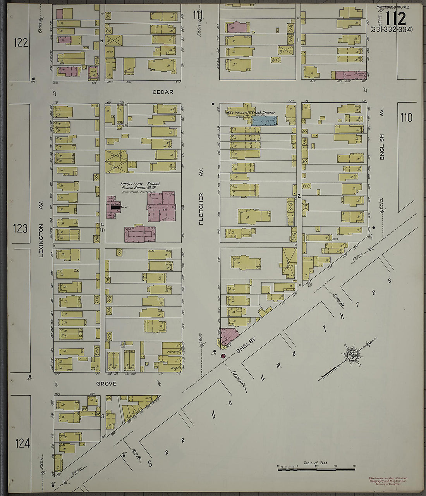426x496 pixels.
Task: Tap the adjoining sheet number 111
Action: pos(198,15)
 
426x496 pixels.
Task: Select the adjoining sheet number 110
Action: pos(406,117)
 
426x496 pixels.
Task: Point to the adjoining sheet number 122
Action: pos(21,43)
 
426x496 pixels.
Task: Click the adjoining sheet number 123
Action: pos(21,228)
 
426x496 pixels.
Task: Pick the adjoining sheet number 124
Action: pos(22,443)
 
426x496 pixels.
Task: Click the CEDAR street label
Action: pos(163,92)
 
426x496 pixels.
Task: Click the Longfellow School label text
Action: pos(140,186)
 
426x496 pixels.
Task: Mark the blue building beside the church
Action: pos(265,121)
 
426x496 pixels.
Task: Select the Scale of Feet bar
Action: pos(316,469)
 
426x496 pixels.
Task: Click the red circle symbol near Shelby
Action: pos(223,356)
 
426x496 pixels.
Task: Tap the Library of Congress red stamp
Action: pos(388,481)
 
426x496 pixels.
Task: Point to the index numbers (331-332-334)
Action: pos(391,29)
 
